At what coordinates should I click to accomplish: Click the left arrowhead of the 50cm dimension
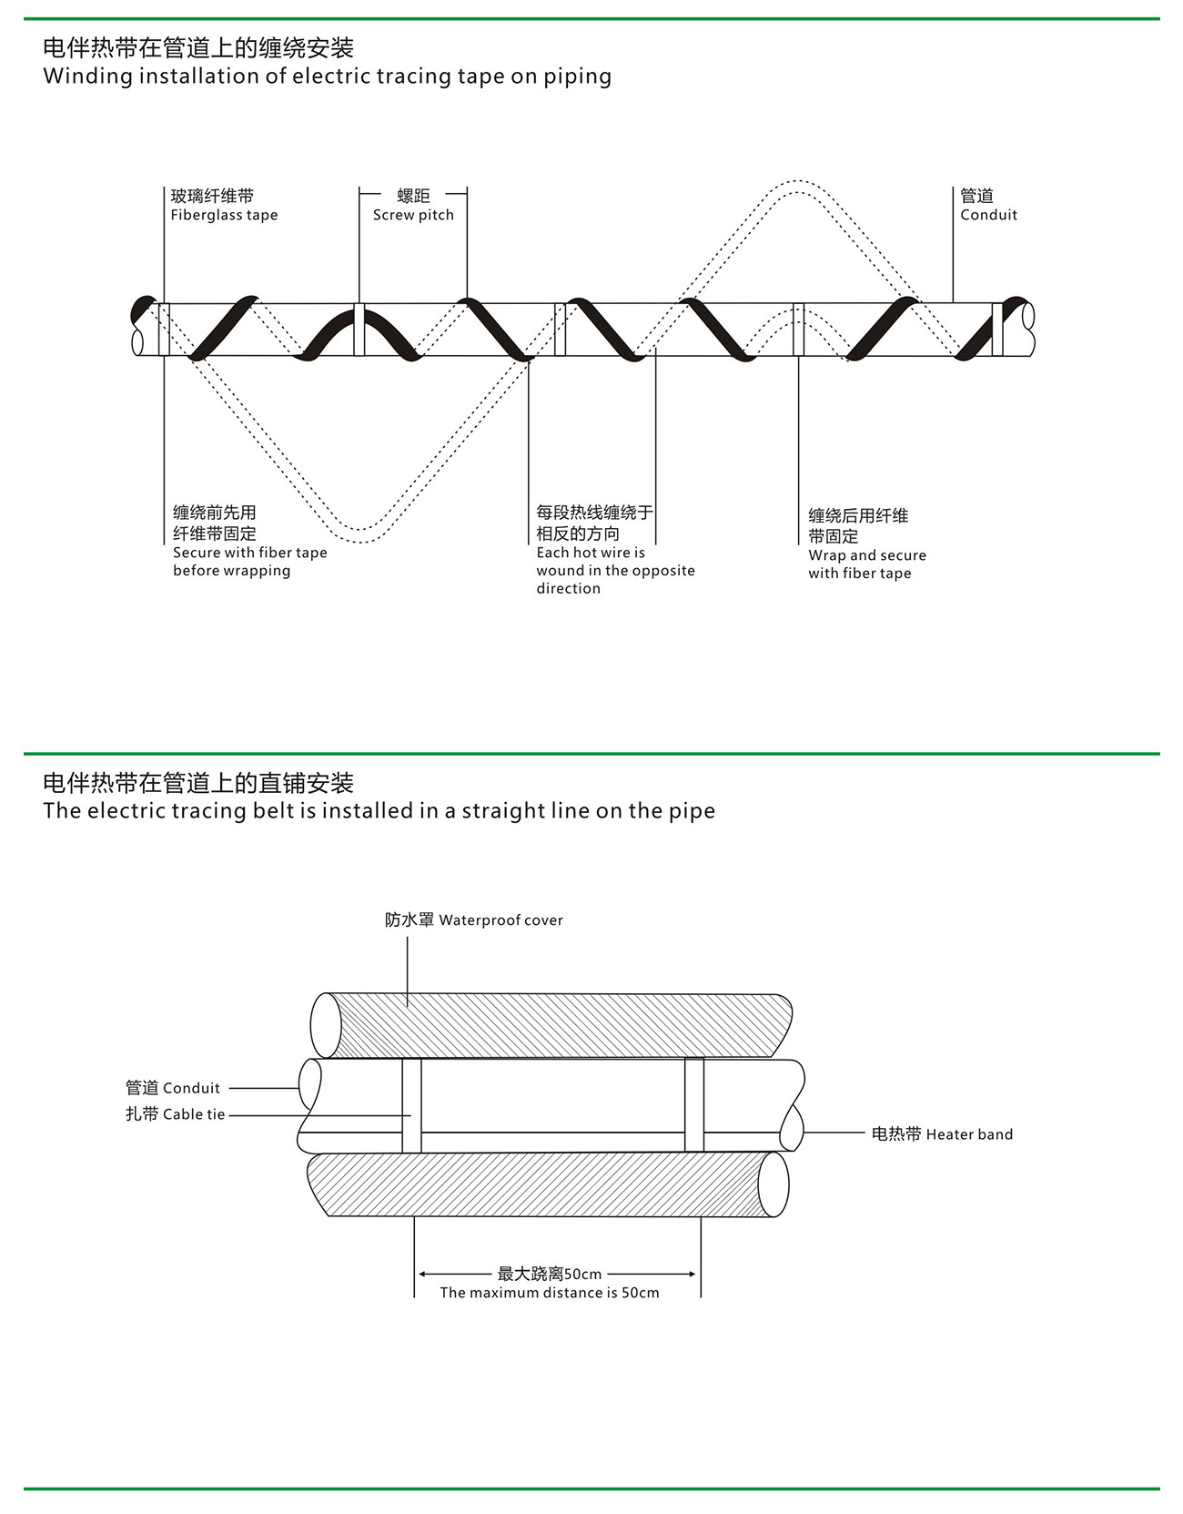[421, 1275]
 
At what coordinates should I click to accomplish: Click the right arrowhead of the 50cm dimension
[693, 1275]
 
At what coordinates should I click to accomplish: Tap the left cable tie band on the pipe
[411, 1105]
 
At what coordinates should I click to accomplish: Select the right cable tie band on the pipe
[694, 1105]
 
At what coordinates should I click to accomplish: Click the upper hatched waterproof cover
[555, 1026]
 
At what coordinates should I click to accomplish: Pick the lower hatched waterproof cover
[546, 1184]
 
